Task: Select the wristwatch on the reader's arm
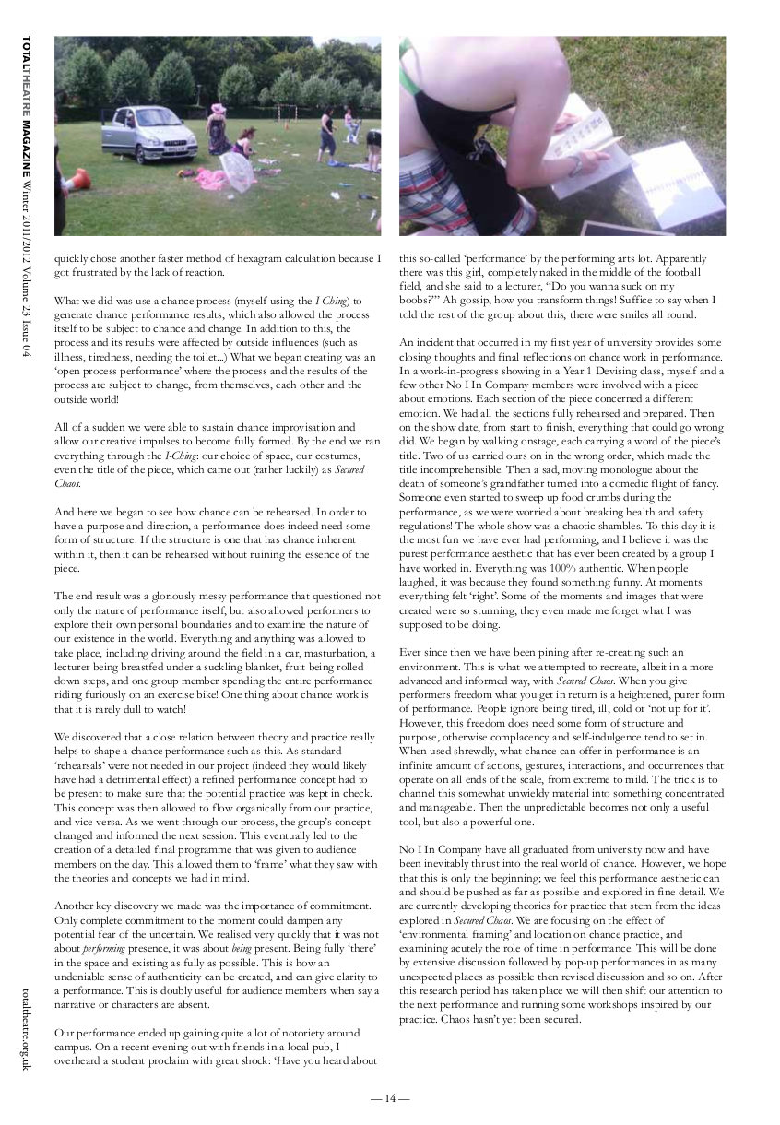click(x=575, y=166)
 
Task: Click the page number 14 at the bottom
click(x=390, y=1098)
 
